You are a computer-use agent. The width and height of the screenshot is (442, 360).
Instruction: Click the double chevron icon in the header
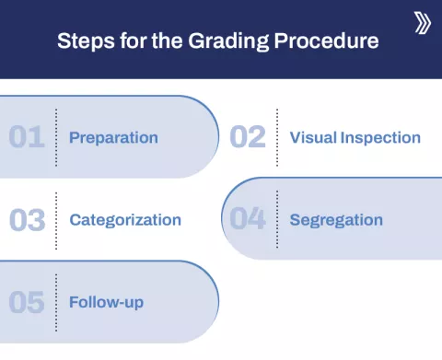coord(422,23)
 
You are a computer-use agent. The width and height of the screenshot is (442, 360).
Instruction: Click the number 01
coord(27,138)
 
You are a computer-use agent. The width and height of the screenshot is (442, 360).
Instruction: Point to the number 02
coord(247,138)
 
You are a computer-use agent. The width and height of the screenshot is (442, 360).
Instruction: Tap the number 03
coord(27,220)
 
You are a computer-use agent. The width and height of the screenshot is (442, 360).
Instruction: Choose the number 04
coord(247,220)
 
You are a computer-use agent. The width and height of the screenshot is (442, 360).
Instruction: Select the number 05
coord(27,302)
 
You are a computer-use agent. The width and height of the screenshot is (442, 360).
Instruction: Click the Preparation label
coord(113,138)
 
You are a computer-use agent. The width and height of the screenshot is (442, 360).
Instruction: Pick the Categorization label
coord(125,220)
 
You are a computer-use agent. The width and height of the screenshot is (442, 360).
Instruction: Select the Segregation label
coord(336,220)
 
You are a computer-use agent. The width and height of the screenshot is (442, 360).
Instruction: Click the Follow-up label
coord(106,302)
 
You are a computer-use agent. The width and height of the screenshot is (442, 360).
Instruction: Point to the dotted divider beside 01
coord(56,138)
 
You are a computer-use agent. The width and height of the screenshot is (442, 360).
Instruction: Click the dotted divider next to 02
coord(276,138)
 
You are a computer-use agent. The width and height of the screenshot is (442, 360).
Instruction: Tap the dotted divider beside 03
coord(56,220)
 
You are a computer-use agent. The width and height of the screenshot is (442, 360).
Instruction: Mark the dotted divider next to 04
coord(276,220)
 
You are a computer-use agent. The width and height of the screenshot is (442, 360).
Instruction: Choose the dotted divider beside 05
coord(56,302)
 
